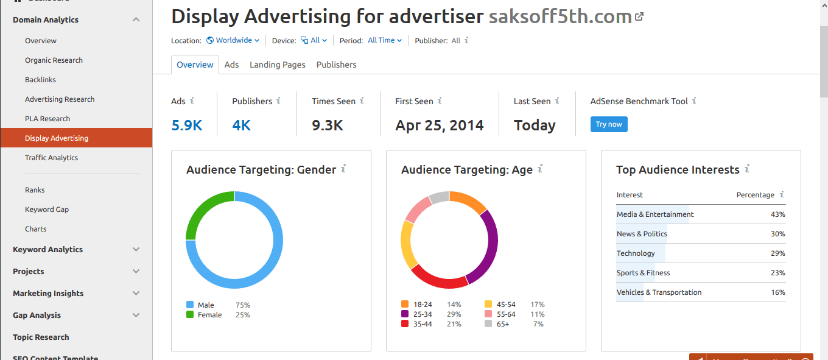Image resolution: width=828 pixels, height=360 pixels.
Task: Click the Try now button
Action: coord(609,124)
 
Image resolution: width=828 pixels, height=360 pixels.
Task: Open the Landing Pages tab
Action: coord(278,65)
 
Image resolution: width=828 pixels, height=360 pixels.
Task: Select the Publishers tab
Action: coord(336,65)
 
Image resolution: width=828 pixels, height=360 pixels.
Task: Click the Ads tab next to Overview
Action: coord(231,65)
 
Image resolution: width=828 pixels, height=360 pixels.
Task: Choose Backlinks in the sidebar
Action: coord(40,80)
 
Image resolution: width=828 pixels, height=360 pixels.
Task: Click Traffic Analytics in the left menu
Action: coord(51,158)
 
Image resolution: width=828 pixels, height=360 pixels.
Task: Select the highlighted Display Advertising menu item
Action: coord(57,138)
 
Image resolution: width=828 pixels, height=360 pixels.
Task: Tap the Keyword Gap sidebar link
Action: coord(47,210)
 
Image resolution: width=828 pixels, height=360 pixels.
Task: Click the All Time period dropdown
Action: coord(385,40)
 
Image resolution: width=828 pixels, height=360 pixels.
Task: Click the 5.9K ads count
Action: coord(186,125)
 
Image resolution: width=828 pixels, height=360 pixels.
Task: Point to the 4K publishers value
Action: coord(241,125)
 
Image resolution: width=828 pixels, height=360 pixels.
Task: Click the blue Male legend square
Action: coord(190,305)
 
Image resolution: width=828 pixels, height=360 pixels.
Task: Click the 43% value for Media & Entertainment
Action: coord(777,214)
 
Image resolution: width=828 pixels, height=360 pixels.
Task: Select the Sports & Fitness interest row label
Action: coord(643,273)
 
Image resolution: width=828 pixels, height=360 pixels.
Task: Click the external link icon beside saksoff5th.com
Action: coord(639,17)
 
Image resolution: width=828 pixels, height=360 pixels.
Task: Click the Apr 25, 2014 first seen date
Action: coord(439,125)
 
